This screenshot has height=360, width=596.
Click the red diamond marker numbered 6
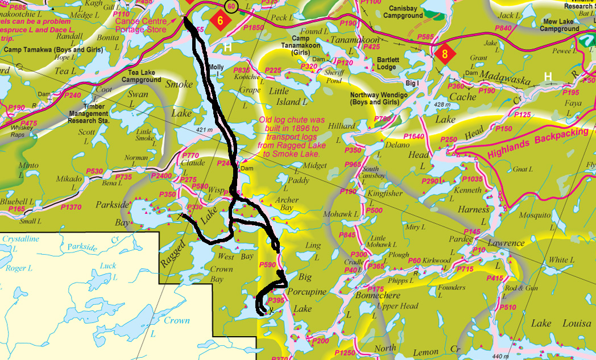pyautogui.click(x=220, y=19)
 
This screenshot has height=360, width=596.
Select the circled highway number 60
pyautogui.click(x=231, y=6)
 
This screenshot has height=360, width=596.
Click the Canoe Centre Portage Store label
pyautogui.click(x=141, y=26)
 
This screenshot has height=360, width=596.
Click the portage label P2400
pyautogui.click(x=162, y=176)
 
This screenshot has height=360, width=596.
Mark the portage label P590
pyautogui.click(x=267, y=265)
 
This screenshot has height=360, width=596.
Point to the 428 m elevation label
pyautogui.click(x=442, y=105)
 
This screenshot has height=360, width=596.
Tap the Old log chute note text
pyautogui.click(x=291, y=137)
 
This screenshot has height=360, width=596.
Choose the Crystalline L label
pyautogui.click(x=20, y=243)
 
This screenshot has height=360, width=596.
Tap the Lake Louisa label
pyautogui.click(x=561, y=324)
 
